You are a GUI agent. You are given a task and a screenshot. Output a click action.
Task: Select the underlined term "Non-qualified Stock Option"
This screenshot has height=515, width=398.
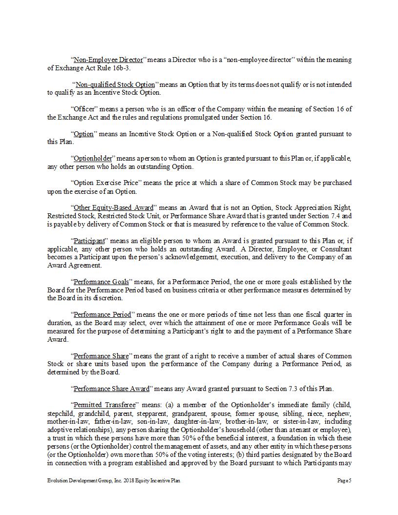coord(115,85)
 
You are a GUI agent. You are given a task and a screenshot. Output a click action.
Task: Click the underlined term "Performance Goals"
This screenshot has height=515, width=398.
coord(101,282)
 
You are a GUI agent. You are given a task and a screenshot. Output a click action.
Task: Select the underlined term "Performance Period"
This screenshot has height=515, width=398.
coord(102,315)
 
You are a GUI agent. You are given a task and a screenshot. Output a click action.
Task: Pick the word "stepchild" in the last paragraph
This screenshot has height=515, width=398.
coord(60,413)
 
